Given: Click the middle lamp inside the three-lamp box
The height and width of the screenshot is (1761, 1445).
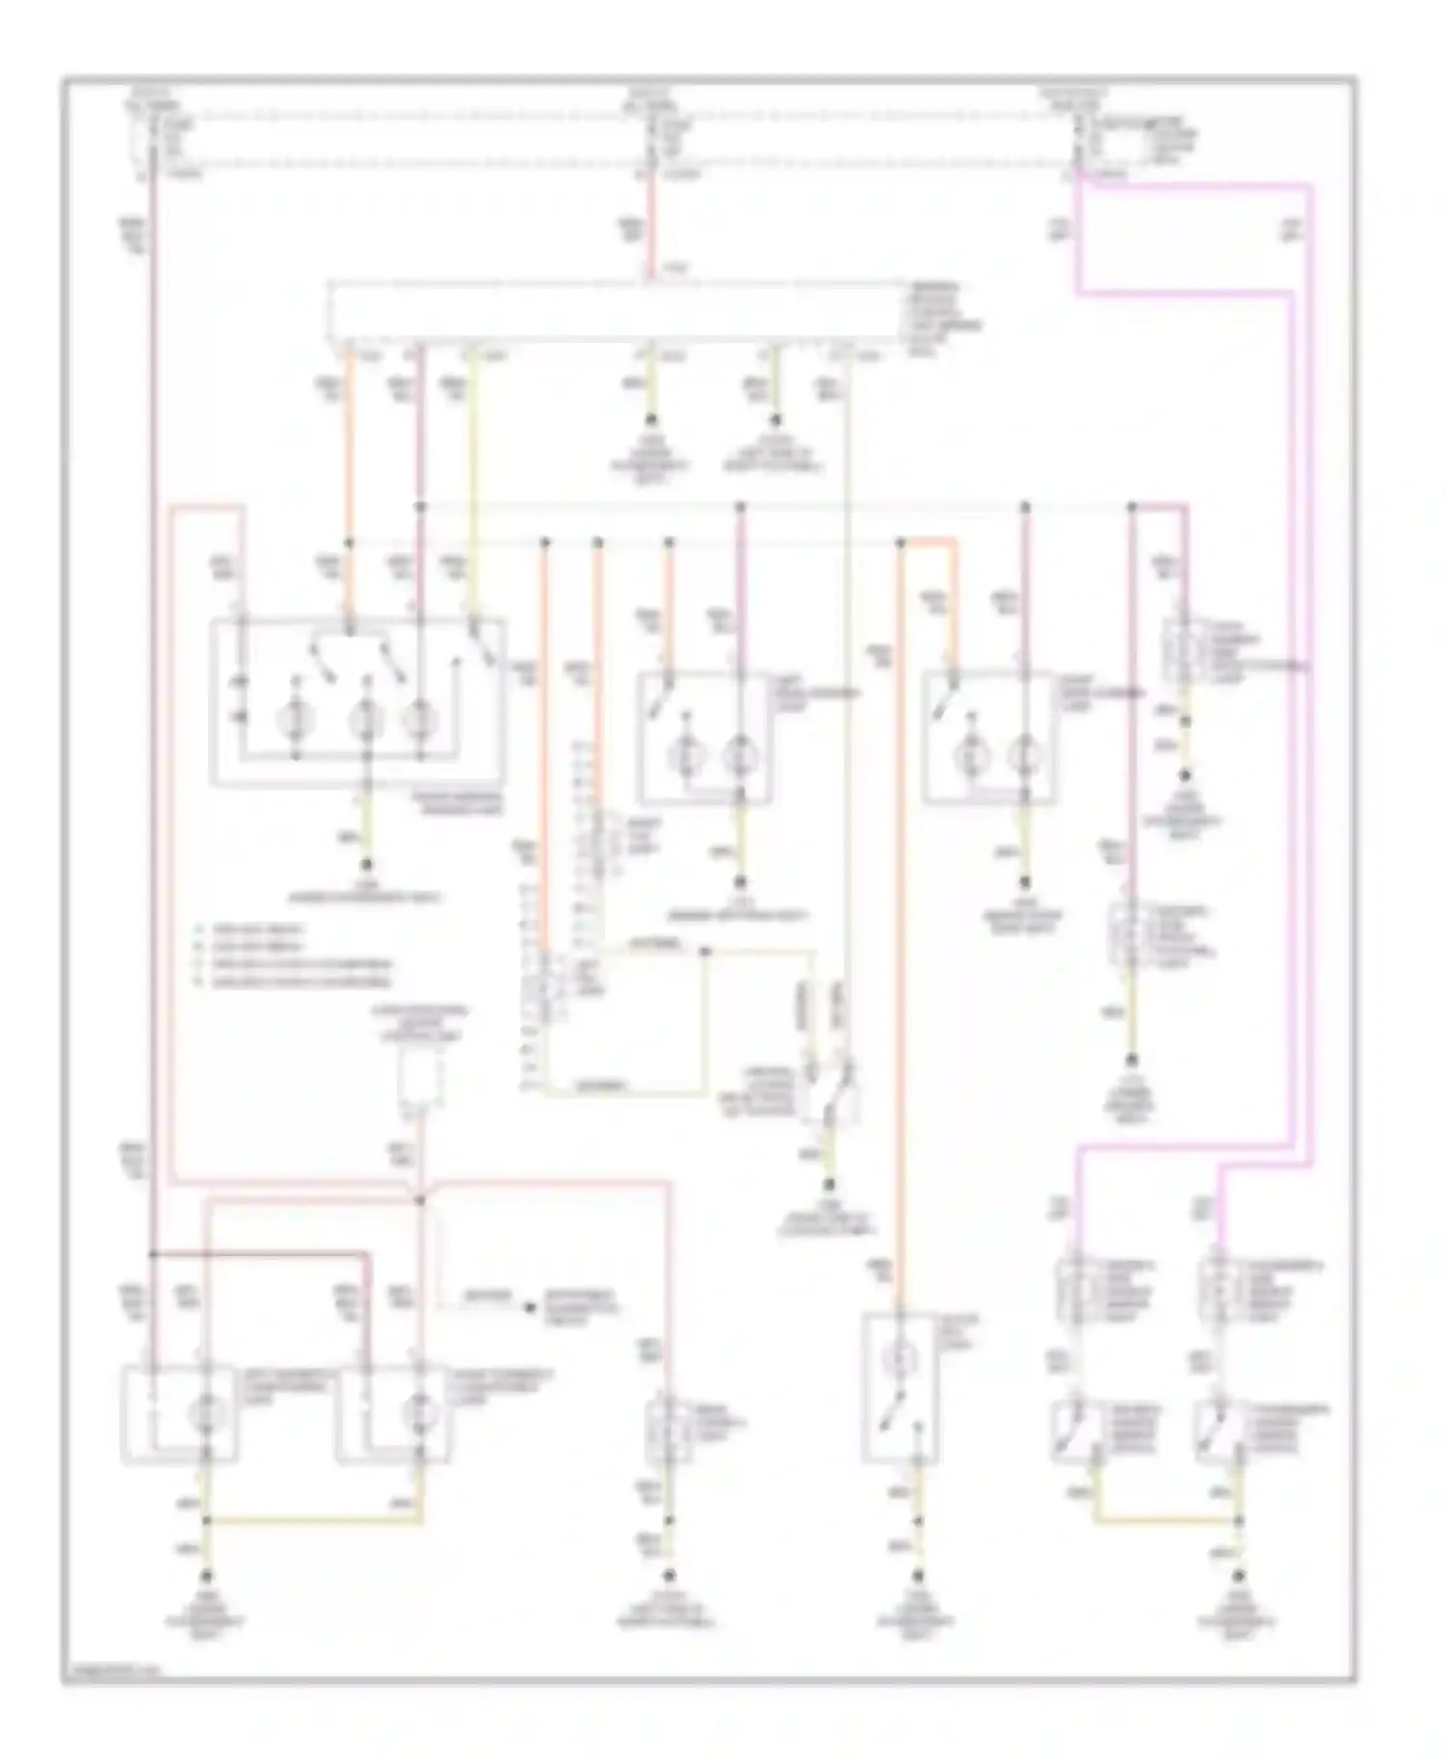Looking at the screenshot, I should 366,718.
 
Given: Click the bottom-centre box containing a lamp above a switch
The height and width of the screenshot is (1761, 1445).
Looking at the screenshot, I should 899,1387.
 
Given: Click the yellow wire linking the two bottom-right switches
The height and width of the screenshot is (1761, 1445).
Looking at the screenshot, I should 1166,1522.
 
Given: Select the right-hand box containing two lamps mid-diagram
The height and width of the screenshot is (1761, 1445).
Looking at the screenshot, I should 987,737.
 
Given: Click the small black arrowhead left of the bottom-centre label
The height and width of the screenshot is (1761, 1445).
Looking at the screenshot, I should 528,1307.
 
